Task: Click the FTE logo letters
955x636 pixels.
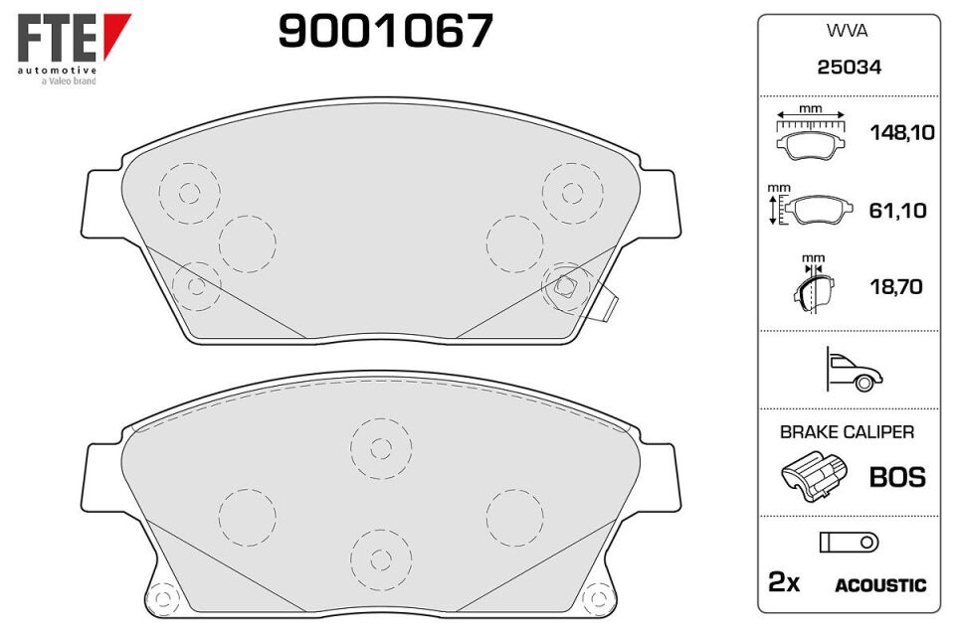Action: pyautogui.click(x=57, y=38)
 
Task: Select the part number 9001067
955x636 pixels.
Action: pyautogui.click(x=386, y=31)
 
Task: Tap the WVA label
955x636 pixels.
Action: pyautogui.click(x=848, y=31)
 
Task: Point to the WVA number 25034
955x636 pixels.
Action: pyautogui.click(x=849, y=67)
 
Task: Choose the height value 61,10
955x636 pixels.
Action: pyautogui.click(x=897, y=211)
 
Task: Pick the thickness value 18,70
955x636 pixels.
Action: pyautogui.click(x=896, y=286)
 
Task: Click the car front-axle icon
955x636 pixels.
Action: pyautogui.click(x=854, y=370)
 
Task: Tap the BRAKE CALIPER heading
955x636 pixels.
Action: pyautogui.click(x=848, y=432)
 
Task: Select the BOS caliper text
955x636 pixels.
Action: pyautogui.click(x=897, y=477)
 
